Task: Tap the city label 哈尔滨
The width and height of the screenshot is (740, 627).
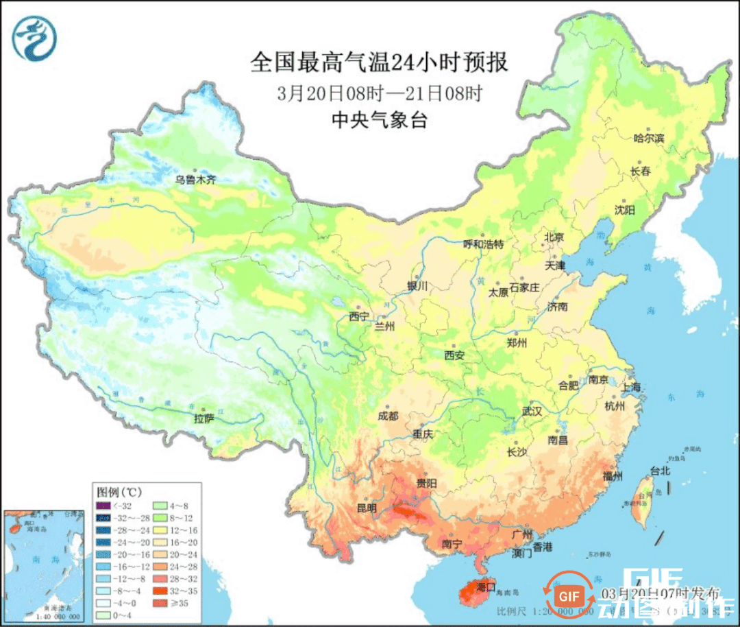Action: (648, 139)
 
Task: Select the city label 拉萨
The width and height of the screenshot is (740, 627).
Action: (204, 417)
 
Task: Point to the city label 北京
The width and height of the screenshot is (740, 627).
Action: (554, 237)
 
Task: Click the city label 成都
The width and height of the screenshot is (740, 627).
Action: (387, 416)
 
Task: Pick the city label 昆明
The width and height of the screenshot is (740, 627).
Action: (367, 508)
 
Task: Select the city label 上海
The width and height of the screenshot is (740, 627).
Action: (631, 387)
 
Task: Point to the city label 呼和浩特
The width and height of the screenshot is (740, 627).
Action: (483, 244)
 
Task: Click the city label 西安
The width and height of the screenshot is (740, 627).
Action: (454, 355)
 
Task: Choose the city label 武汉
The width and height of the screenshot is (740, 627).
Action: (532, 412)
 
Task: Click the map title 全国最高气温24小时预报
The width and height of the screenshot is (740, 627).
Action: (379, 63)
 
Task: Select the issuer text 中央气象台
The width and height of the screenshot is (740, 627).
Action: (379, 121)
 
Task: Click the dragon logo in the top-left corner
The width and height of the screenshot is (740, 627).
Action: (34, 38)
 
